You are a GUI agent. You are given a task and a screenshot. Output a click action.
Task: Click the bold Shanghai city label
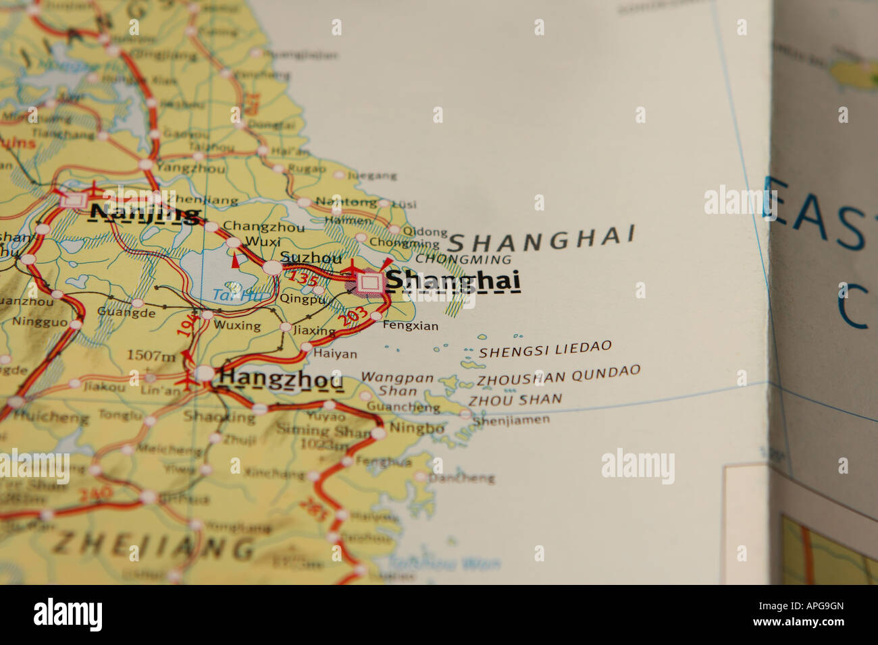point(453,281)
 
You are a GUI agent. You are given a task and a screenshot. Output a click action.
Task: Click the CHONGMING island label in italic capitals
point(463,259)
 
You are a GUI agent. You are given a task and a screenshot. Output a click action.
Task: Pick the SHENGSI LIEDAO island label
point(545,349)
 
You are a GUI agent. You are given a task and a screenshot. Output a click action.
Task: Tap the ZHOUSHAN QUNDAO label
point(558,375)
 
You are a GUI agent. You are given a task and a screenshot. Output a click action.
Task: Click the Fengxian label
point(410,326)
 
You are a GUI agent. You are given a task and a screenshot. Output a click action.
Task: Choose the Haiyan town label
point(335,354)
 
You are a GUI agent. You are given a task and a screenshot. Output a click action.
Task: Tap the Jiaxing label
point(315,331)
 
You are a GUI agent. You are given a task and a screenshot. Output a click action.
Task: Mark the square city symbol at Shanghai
point(369,283)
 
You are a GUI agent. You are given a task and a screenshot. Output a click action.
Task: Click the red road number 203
point(354,316)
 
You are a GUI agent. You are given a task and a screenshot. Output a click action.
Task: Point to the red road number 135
point(303,277)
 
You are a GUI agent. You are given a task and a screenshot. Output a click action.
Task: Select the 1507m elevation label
point(152,355)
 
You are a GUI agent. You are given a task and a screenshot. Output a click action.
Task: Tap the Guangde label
point(126,312)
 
